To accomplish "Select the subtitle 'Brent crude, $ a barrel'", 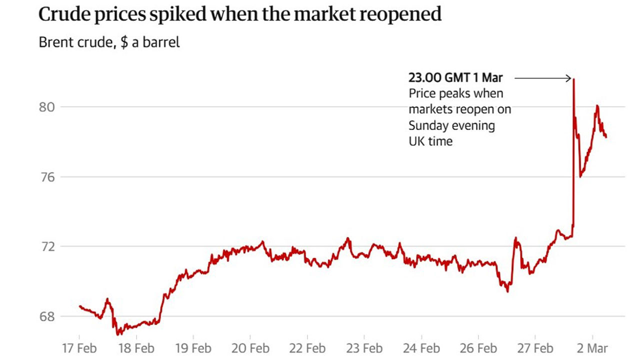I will click(109, 42).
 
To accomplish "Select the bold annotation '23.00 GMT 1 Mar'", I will click(455, 78).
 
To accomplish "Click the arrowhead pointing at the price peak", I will click(569, 78).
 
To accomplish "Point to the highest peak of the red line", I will click(573, 79).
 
